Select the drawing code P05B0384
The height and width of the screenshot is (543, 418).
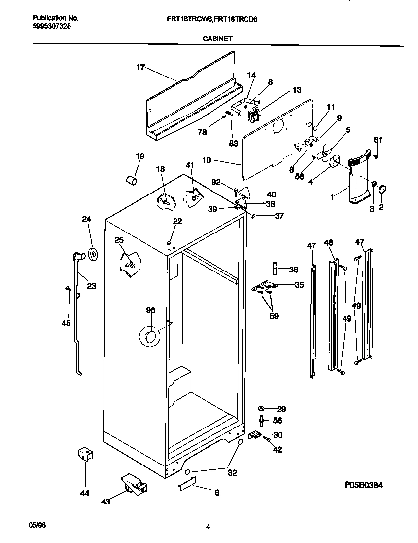[363, 485]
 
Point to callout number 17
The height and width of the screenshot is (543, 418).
[140, 68]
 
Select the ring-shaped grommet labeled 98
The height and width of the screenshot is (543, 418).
[149, 336]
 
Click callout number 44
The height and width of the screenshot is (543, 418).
[85, 492]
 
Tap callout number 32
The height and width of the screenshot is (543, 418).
[232, 472]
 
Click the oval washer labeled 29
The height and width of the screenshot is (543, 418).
[262, 409]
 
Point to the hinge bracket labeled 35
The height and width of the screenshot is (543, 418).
[264, 286]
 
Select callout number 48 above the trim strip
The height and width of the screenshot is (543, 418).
[329, 242]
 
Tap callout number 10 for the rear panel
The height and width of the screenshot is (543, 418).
[207, 160]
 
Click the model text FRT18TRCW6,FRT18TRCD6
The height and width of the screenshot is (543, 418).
[222, 19]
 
